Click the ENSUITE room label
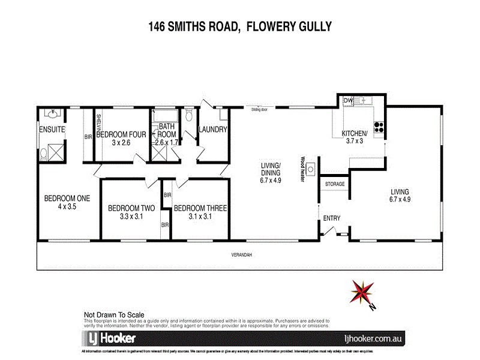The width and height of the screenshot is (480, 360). click(52, 129)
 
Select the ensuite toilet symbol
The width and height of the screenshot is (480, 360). click(44, 154)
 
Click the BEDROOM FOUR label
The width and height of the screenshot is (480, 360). click(121, 134)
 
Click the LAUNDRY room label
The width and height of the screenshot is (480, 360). click(212, 129)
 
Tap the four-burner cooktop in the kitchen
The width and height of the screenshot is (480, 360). click(379, 127)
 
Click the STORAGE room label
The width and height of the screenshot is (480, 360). click(334, 184)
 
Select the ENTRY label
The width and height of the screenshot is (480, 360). click(332, 218)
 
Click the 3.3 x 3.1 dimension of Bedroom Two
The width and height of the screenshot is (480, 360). click(131, 217)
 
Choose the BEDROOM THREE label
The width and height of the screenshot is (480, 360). click(200, 208)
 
